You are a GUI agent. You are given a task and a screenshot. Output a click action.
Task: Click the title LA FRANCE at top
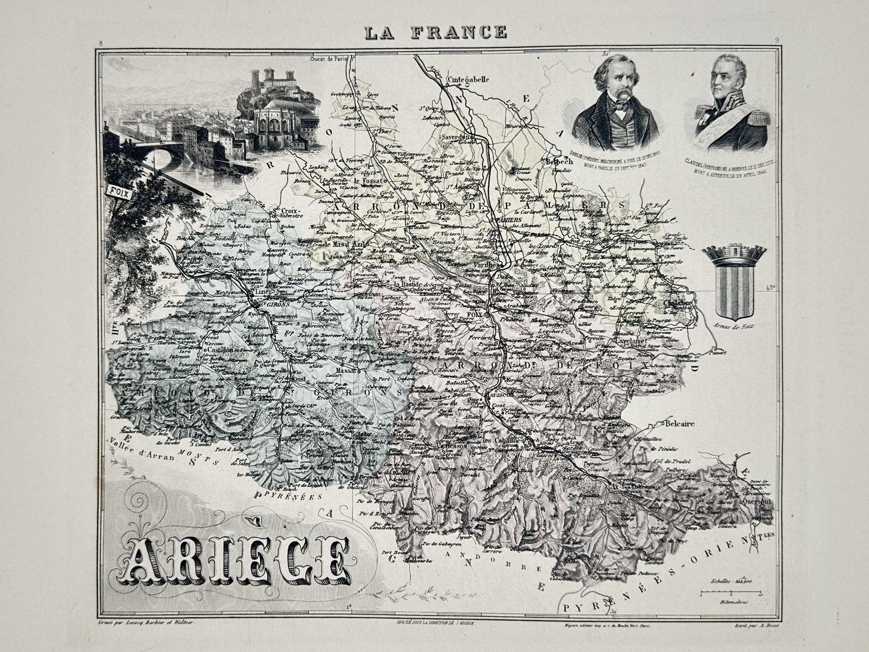(x=435, y=33)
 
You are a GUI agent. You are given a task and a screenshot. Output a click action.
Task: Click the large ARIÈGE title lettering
(x=238, y=558)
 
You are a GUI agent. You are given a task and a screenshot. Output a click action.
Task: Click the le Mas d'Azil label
(x=347, y=245)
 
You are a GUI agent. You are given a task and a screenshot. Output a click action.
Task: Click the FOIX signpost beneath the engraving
(x=116, y=191)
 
